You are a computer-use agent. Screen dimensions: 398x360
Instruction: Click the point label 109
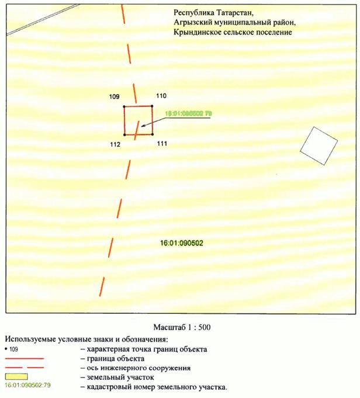point(115,95)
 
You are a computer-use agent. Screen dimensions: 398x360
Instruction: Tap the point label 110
point(161,95)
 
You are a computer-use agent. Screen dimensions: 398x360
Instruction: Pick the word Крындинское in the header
point(198,32)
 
